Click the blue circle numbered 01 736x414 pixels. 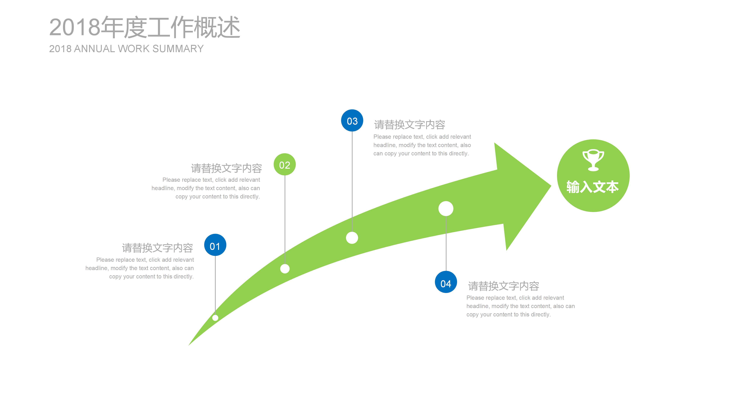tap(215, 245)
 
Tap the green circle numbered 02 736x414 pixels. tap(285, 165)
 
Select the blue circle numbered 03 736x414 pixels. tap(352, 120)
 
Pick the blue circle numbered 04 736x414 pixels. tap(446, 282)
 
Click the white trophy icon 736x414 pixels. tap(593, 160)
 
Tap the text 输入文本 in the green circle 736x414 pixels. tap(593, 187)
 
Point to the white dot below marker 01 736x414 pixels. tap(215, 318)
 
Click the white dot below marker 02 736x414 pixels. tap(285, 269)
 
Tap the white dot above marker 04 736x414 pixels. tap(446, 209)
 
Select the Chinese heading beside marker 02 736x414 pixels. tap(226, 168)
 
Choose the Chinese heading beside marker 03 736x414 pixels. tap(409, 124)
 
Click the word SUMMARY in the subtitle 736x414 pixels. tap(178, 49)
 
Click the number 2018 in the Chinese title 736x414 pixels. tap(75, 27)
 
